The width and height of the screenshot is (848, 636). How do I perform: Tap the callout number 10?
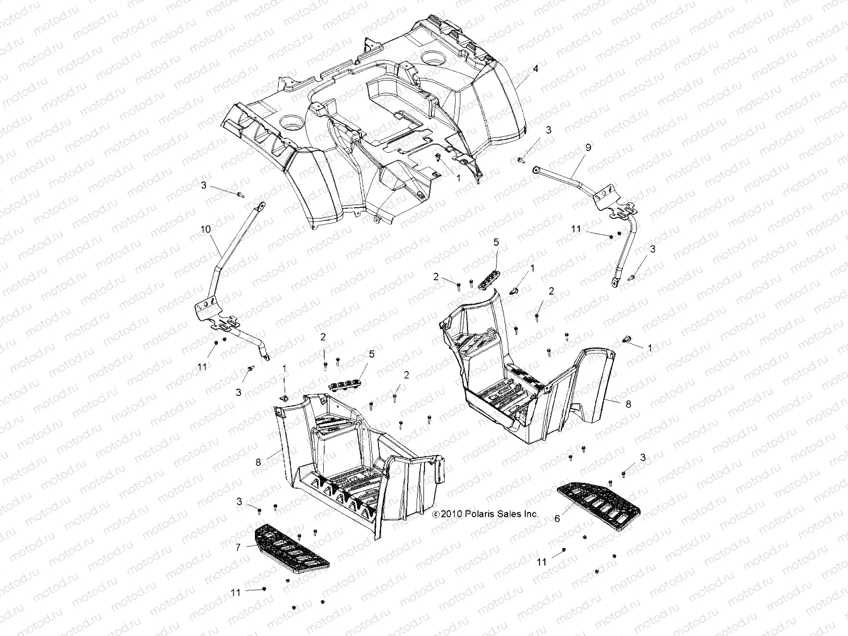206,229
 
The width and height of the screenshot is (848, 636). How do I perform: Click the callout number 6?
557,519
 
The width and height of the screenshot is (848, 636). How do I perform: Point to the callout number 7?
238,546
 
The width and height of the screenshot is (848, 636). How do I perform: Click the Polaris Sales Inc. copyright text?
485,514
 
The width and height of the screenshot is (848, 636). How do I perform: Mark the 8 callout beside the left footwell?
259,462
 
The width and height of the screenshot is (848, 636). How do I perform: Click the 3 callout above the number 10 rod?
204,185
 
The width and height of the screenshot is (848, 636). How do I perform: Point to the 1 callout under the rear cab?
458,179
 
